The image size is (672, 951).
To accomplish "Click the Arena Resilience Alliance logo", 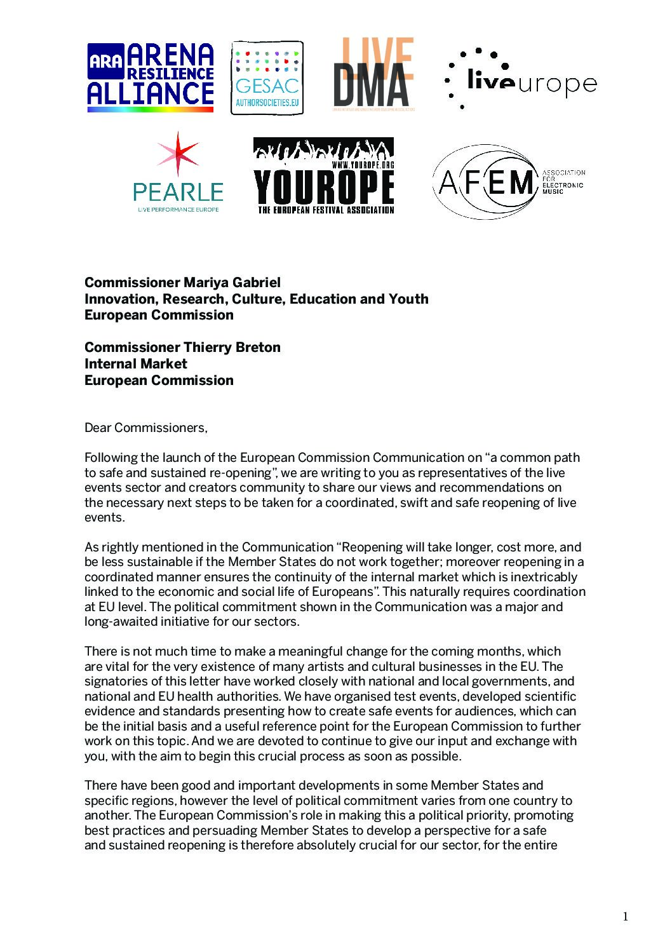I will (x=151, y=78).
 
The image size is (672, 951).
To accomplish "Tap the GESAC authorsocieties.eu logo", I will (x=267, y=78).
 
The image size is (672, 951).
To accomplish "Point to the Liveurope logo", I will (x=521, y=79).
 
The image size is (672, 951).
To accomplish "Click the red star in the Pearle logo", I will (x=178, y=154).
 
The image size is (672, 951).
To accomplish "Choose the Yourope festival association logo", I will (x=323, y=176).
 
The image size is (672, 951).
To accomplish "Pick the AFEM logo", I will (x=508, y=182).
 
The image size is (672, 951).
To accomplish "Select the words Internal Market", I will (x=136, y=363).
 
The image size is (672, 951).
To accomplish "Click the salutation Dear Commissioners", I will (x=146, y=428).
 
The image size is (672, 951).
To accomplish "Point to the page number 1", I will (x=625, y=916).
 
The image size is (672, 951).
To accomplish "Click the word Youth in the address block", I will (x=407, y=299).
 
